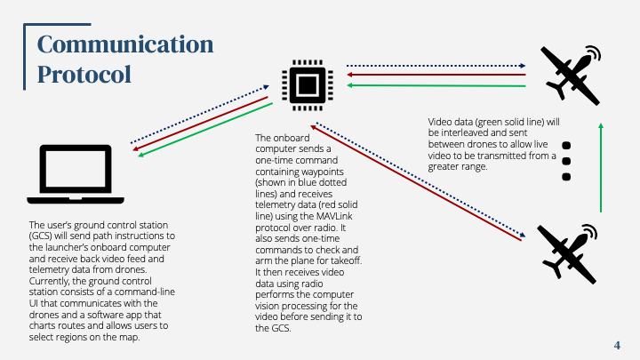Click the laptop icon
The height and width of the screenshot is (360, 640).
click(72, 172)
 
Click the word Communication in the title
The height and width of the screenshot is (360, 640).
click(125, 44)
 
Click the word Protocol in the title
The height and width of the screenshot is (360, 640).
click(84, 74)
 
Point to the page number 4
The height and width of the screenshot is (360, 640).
click(617, 345)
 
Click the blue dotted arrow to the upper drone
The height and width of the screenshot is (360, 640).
click(436, 65)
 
